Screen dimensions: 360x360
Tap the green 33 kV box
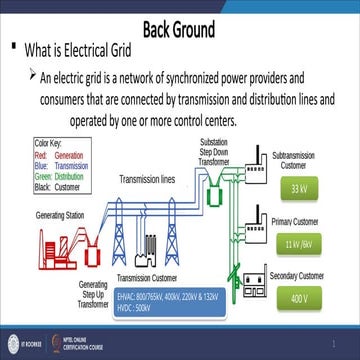pyautogui.click(x=298, y=188)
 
